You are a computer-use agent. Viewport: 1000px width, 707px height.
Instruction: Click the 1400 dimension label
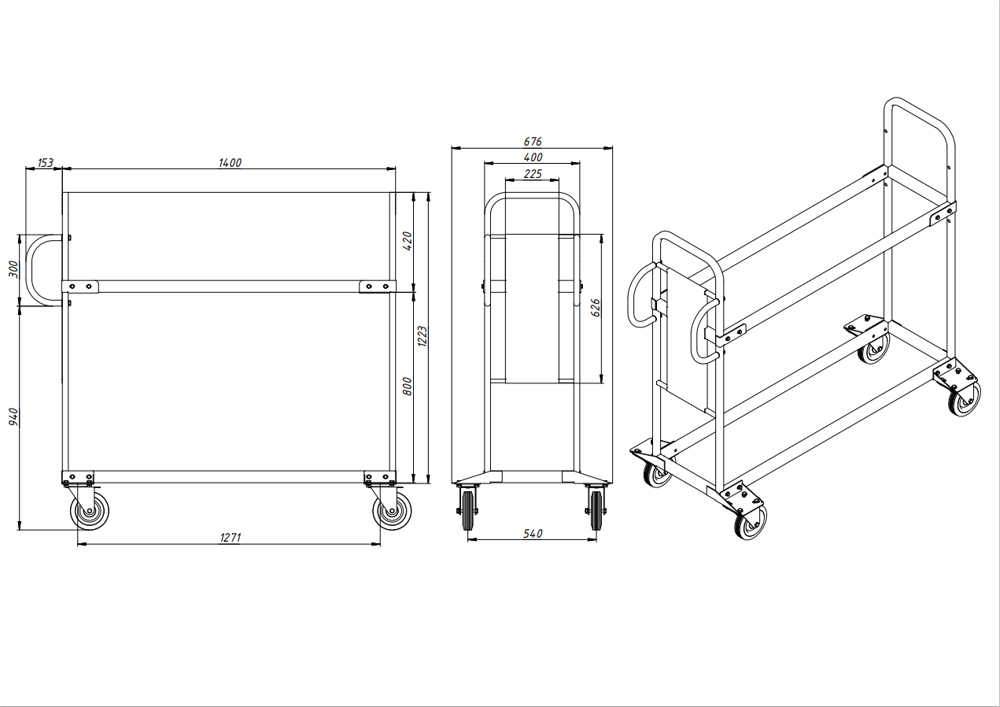(x=230, y=163)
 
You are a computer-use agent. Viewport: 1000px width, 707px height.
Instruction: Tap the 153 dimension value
(x=46, y=163)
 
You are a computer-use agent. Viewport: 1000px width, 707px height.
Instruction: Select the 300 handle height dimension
(x=14, y=269)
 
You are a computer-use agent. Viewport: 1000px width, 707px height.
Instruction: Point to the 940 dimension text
(x=14, y=416)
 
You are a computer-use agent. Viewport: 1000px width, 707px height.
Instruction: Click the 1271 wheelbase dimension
(x=231, y=537)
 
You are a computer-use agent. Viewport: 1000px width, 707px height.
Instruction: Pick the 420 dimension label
(x=408, y=241)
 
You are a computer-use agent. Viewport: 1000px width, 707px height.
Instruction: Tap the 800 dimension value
(x=408, y=387)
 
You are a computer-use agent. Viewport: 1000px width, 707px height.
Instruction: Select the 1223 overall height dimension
(x=423, y=336)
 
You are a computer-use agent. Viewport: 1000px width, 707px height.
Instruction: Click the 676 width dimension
(x=533, y=142)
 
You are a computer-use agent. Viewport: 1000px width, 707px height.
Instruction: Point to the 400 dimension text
(x=533, y=157)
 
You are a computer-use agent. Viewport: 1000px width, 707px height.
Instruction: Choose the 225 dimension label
(x=533, y=174)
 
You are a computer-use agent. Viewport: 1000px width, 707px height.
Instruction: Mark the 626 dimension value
(x=596, y=308)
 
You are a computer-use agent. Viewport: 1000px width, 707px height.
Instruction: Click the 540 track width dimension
(x=533, y=534)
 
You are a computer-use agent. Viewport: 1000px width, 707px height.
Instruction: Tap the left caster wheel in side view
(x=89, y=510)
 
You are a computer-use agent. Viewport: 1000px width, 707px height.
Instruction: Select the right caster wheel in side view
(x=393, y=510)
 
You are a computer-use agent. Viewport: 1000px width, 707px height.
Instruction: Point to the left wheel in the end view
(x=467, y=510)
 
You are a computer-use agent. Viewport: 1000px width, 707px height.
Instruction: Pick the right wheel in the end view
(x=596, y=510)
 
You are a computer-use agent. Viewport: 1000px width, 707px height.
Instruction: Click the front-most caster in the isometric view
(x=751, y=523)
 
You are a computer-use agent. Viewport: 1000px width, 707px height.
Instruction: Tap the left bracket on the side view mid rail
(x=80, y=287)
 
